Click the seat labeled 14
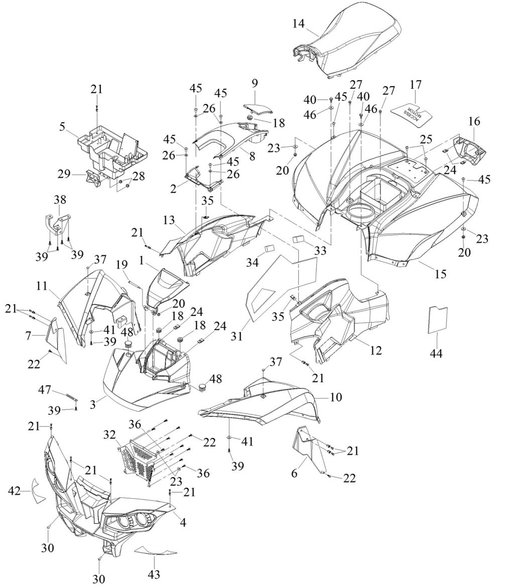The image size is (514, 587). click(351, 48)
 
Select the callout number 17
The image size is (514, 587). click(416, 84)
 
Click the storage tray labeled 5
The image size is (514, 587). click(113, 145)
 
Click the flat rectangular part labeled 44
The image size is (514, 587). click(437, 318)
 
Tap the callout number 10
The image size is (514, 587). click(336, 397)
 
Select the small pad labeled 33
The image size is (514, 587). click(300, 239)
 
